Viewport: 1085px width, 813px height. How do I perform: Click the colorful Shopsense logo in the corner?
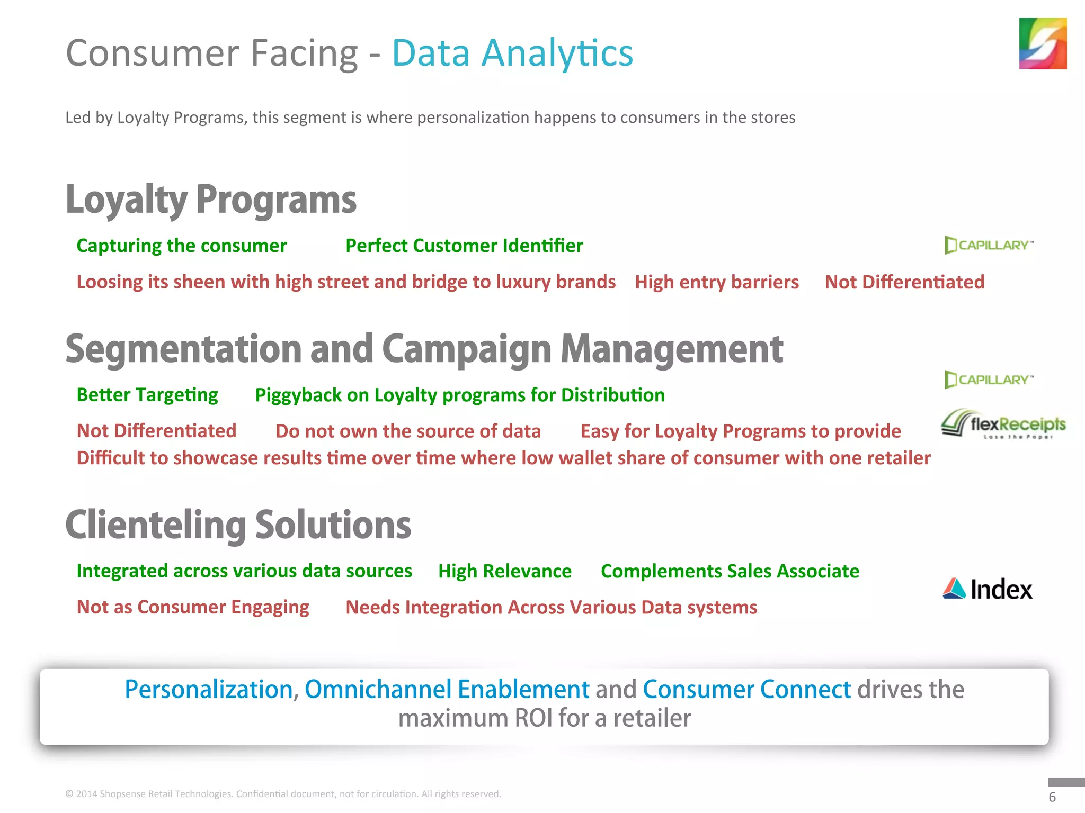click(1042, 43)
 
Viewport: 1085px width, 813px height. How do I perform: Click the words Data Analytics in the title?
click(512, 53)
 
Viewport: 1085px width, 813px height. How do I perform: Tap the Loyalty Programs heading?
click(211, 200)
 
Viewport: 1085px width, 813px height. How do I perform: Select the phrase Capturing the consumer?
click(181, 246)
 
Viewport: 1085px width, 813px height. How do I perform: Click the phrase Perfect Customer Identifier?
click(464, 246)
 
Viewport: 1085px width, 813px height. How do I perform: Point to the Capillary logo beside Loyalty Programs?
click(988, 245)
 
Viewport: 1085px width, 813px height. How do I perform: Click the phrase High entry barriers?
click(716, 282)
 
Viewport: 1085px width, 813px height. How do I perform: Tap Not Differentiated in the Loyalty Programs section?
click(904, 282)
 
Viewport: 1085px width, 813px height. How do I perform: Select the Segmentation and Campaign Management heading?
click(424, 349)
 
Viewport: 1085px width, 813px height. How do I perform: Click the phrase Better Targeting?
click(147, 395)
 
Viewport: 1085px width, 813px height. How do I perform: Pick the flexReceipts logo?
click(1003, 424)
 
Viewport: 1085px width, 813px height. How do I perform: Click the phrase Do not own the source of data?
click(408, 431)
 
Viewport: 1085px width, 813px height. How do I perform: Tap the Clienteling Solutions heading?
click(238, 525)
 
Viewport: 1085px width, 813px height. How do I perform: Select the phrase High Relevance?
click(504, 571)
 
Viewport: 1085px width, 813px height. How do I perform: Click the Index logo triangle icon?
click(954, 589)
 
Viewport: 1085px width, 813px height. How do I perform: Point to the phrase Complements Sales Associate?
click(730, 571)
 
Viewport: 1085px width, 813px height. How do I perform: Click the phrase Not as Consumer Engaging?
click(193, 607)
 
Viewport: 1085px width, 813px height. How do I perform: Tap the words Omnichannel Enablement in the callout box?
click(447, 689)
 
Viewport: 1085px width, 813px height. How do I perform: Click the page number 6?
click(1052, 797)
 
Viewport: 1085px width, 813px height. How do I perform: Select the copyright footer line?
click(283, 794)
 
